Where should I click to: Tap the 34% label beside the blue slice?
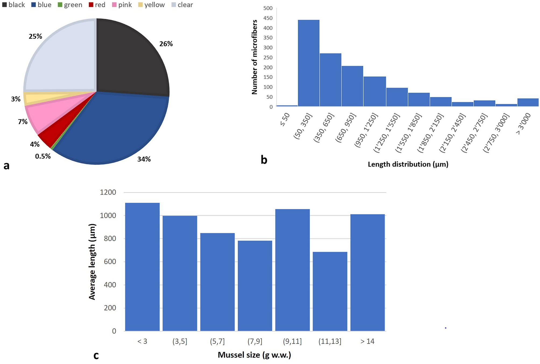(x=144, y=159)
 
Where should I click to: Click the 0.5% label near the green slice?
(x=43, y=156)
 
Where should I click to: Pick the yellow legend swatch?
(x=140, y=5)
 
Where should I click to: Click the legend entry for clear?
(x=182, y=5)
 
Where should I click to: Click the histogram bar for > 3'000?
(x=528, y=103)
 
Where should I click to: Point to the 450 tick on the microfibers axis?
(x=268, y=18)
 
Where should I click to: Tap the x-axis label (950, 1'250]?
(x=366, y=131)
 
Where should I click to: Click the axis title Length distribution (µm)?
(x=408, y=164)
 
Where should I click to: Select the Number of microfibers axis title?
(x=254, y=57)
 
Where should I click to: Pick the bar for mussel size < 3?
(x=142, y=266)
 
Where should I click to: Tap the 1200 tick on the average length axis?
(x=108, y=192)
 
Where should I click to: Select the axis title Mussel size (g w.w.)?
(x=254, y=355)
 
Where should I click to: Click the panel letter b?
(x=264, y=160)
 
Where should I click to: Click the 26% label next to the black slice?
(x=166, y=44)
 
